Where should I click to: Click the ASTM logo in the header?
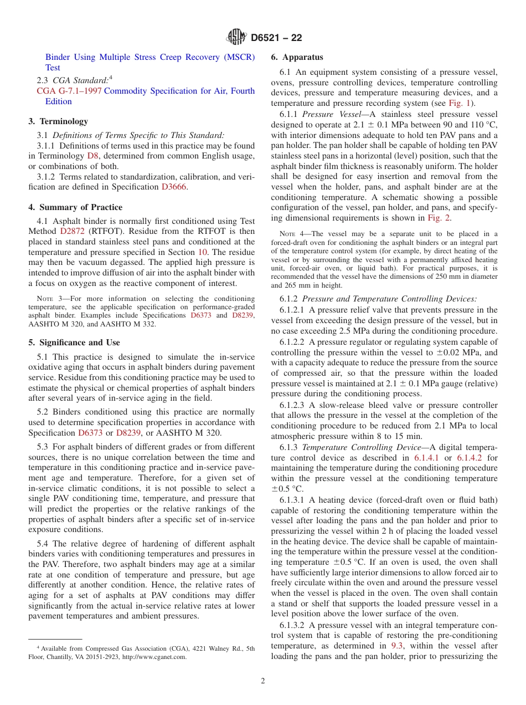point(237,37)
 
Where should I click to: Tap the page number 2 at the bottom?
point(263,681)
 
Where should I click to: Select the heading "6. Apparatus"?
point(297,57)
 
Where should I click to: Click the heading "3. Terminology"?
point(58,121)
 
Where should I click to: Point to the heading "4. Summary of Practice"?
point(75,207)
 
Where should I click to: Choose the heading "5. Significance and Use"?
point(74,343)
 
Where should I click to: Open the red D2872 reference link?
point(73,231)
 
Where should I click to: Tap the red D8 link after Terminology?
point(93,156)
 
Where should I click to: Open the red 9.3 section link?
point(396,646)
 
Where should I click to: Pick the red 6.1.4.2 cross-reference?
point(472,458)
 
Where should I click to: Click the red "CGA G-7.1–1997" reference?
point(69,91)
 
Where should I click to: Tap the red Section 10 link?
point(203,252)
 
